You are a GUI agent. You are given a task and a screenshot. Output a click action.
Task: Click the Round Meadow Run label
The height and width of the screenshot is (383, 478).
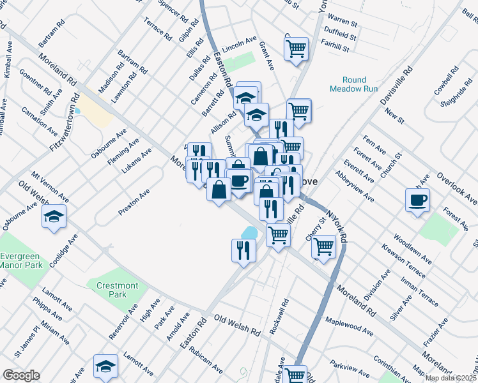point(349,85)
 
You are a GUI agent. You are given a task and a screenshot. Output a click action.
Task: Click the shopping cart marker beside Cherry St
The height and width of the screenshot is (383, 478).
point(324,246)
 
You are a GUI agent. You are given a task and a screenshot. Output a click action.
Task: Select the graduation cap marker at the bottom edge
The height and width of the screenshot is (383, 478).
point(105,366)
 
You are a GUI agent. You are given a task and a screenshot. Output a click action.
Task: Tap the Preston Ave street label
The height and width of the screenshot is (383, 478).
point(134,201)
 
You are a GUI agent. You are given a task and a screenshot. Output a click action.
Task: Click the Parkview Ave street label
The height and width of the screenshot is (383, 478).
point(351,368)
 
